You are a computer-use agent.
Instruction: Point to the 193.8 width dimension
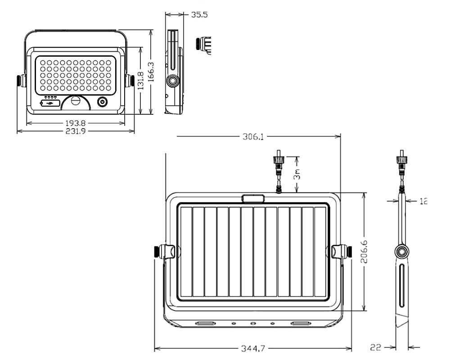[x=76, y=123]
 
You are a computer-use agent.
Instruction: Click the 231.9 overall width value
[x=76, y=131]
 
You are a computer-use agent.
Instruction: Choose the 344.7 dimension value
[x=253, y=348]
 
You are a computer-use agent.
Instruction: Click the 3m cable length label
[x=297, y=174]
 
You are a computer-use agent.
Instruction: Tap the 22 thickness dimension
[x=376, y=347]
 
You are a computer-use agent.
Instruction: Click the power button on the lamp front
[x=103, y=102]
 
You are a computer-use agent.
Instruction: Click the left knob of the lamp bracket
[x=21, y=81]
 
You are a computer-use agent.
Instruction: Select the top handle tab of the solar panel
[x=252, y=198]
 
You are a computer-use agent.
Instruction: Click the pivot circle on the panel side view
[x=401, y=251]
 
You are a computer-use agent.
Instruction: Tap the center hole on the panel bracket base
[x=253, y=324]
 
